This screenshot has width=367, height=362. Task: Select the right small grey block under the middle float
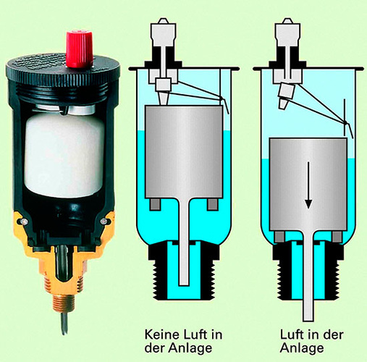[211, 205]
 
